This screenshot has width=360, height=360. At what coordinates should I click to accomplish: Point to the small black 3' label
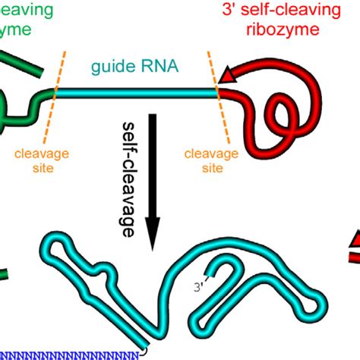[x=199, y=288]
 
